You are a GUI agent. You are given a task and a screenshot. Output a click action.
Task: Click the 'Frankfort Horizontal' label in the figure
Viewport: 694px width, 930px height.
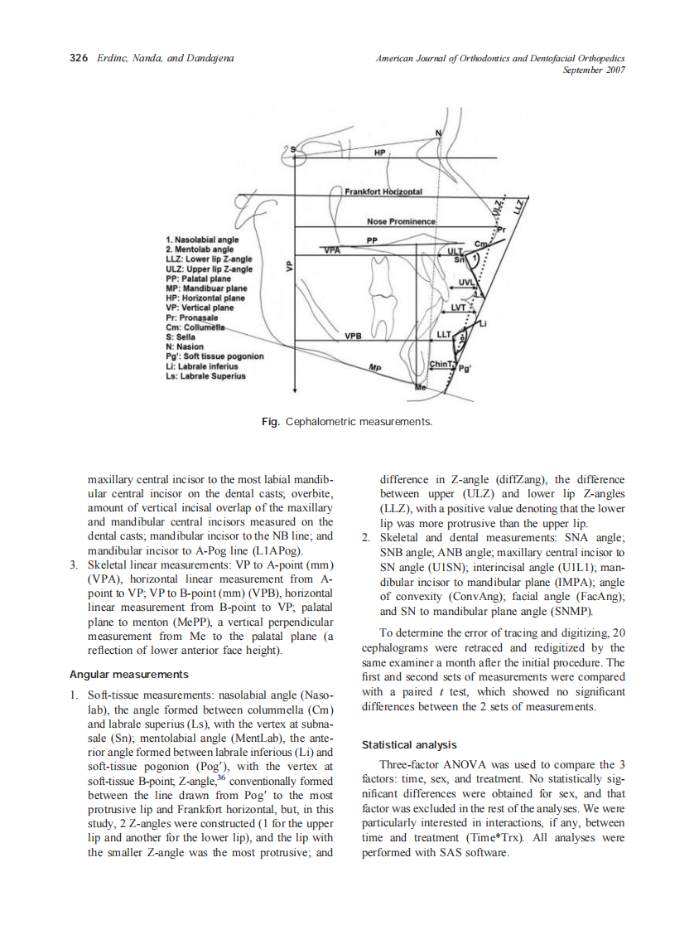(x=384, y=191)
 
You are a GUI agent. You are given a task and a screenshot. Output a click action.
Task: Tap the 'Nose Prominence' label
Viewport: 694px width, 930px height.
(x=401, y=222)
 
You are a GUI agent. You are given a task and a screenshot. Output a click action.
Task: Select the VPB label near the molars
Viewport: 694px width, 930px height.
(x=354, y=337)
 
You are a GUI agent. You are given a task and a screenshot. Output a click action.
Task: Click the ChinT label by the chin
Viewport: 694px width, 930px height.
(x=440, y=365)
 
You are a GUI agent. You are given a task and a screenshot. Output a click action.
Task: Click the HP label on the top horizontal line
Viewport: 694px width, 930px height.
(x=379, y=154)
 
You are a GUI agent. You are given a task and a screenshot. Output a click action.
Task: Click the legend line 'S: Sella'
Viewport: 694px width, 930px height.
(x=181, y=338)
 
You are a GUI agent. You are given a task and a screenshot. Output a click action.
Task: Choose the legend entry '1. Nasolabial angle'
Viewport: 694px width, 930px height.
(x=202, y=240)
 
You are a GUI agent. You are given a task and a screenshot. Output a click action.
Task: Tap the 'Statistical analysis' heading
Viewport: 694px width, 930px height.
(x=409, y=745)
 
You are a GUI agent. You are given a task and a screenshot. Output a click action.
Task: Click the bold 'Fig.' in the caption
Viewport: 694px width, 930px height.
(x=270, y=422)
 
